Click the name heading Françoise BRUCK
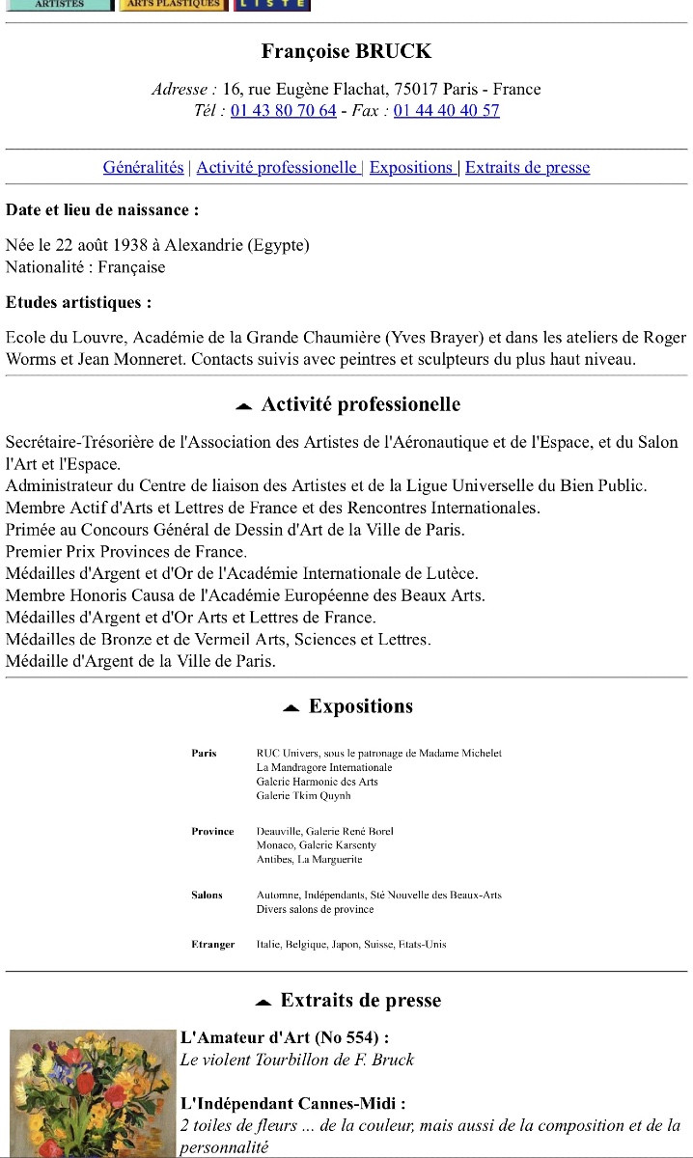[346, 52]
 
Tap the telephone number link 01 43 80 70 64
[284, 111]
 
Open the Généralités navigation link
[143, 168]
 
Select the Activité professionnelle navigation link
[277, 168]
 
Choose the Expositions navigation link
[411, 168]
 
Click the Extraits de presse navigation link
[527, 168]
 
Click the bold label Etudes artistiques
[78, 303]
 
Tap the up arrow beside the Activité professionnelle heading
[244, 406]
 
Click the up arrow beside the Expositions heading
[291, 708]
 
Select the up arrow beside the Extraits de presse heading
[263, 1003]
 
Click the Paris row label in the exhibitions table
[205, 754]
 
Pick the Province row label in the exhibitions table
[212, 832]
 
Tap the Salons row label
[207, 896]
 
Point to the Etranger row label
[212, 945]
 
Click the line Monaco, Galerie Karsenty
[315, 845]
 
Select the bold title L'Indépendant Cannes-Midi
[292, 1103]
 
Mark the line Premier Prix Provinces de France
[125, 552]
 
